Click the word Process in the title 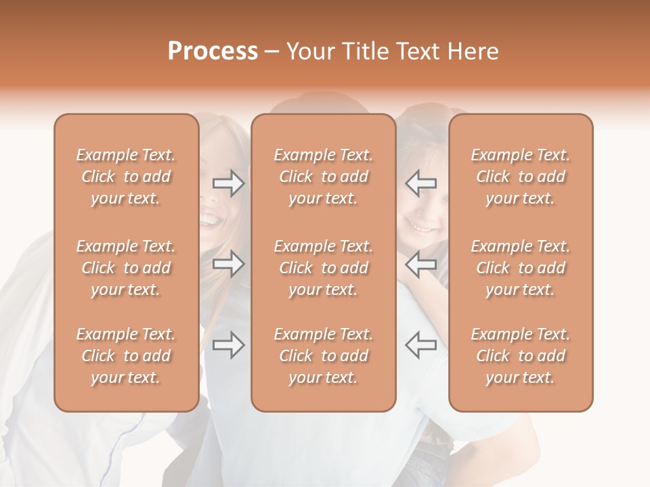(x=213, y=51)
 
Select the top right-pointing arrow (x=229, y=183)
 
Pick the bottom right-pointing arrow (x=229, y=345)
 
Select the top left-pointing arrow (x=420, y=183)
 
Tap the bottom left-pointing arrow (x=420, y=345)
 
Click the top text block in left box (x=126, y=177)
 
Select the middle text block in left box (x=126, y=268)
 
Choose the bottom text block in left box (x=126, y=356)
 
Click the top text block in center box (x=324, y=177)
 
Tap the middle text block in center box (x=324, y=268)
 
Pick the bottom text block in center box (x=324, y=356)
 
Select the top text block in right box (x=521, y=177)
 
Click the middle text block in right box (x=521, y=268)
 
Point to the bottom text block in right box (x=521, y=356)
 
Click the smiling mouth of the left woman (x=210, y=219)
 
